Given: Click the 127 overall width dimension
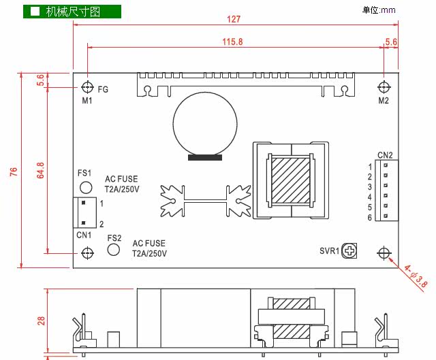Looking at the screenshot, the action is pyautogui.click(x=233, y=19).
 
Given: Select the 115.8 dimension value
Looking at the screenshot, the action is pyautogui.click(x=232, y=42).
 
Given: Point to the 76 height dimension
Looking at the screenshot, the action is pyautogui.click(x=14, y=171).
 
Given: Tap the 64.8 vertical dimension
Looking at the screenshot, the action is pyautogui.click(x=41, y=170).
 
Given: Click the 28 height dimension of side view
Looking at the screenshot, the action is pyautogui.click(x=41, y=321).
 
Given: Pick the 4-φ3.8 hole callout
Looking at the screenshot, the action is pyautogui.click(x=416, y=277).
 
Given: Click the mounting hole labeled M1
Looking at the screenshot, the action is pyautogui.click(x=87, y=88).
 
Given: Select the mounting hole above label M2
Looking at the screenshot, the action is pyautogui.click(x=384, y=87).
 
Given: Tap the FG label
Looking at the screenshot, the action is pyautogui.click(x=103, y=89).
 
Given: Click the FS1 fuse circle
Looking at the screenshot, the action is pyautogui.click(x=86, y=188).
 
